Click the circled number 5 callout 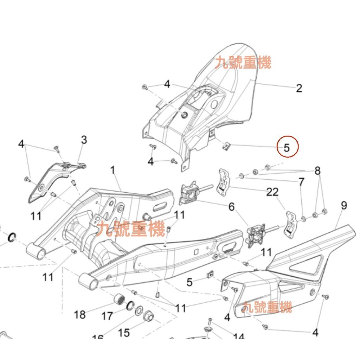[x=287, y=147]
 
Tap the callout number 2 [x=299, y=88]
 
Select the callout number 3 [x=84, y=140]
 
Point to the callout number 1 [x=112, y=171]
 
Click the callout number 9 [x=343, y=205]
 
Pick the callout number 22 [x=272, y=192]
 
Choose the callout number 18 [x=80, y=314]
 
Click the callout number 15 [x=124, y=332]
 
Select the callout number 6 [x=231, y=207]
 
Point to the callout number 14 [x=238, y=338]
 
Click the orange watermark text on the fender [x=243, y=64]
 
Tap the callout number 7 [x=301, y=182]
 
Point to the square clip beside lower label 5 [x=210, y=274]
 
